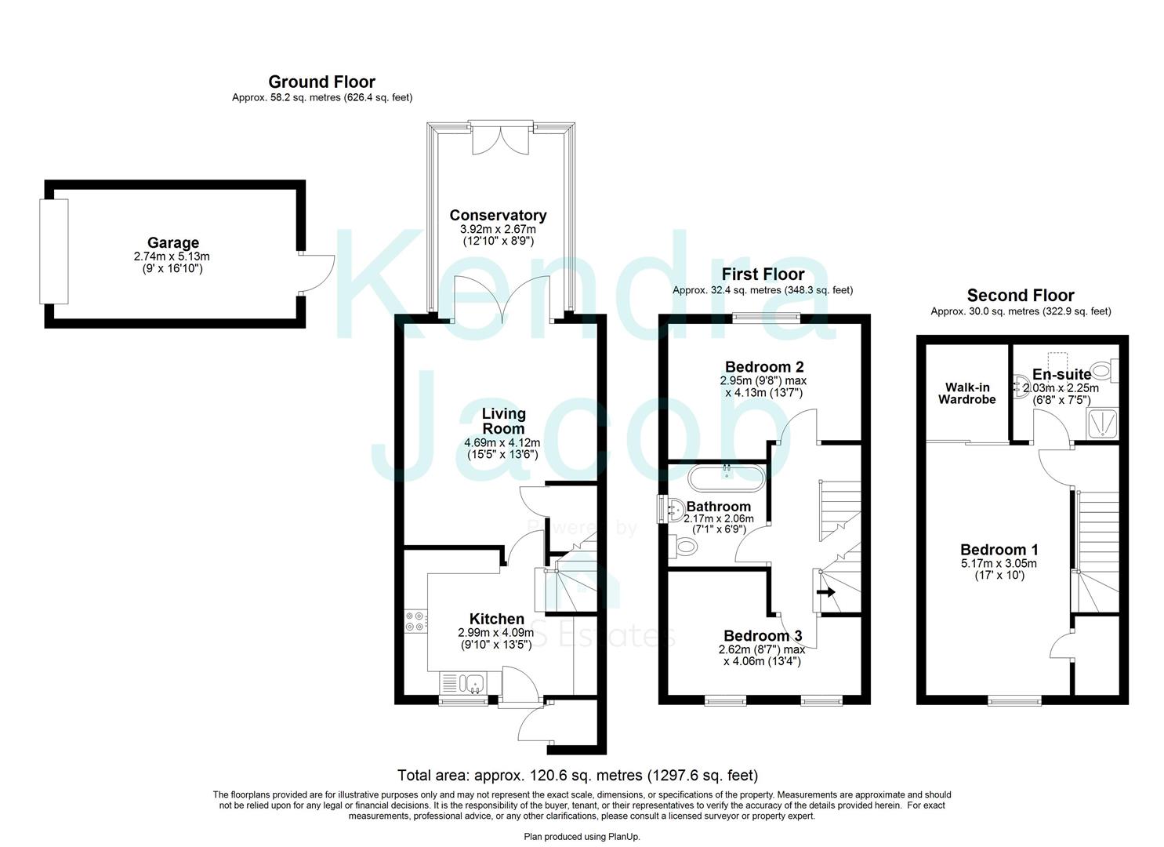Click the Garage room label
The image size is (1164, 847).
pos(172,243)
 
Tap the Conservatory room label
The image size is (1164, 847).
pos(498,215)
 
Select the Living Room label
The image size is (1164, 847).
pos(503,421)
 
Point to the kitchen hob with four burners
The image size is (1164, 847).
pos(415,620)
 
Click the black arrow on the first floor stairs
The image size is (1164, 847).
pos(825,592)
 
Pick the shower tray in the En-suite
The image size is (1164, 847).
pos(1102,423)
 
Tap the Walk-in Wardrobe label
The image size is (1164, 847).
pos(970,394)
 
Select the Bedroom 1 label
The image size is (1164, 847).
pos(999,550)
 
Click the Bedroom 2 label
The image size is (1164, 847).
pos(764,367)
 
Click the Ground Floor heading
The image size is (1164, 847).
pos(321,82)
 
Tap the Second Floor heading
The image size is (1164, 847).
pos(1020,296)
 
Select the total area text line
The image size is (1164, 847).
pos(578,776)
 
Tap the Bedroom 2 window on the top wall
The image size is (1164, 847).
pos(767,318)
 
